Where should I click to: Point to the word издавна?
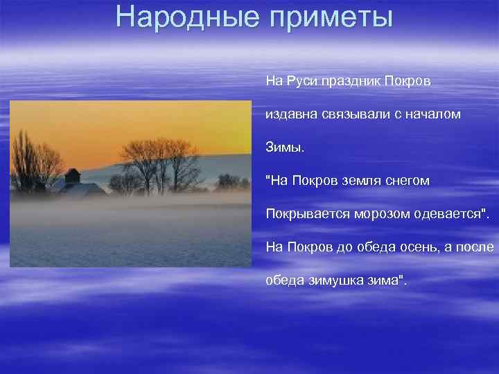tap(291, 114)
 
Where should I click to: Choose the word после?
tap(476, 247)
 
